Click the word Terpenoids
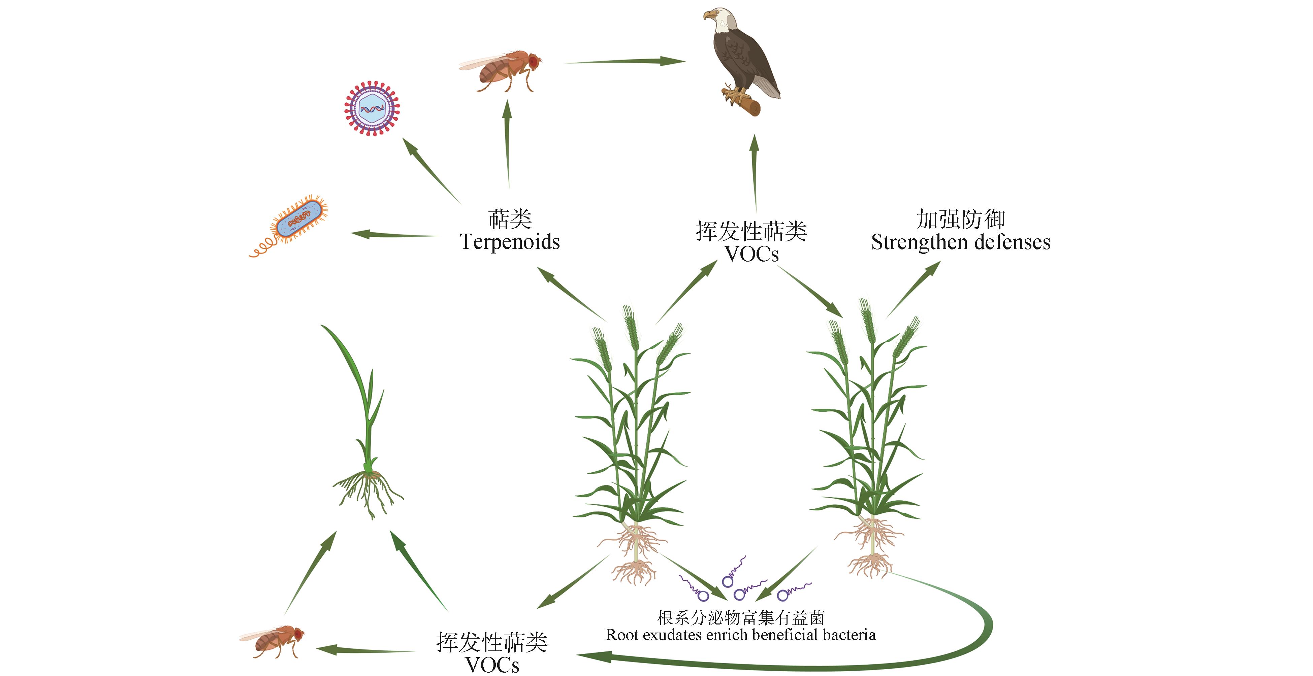pos(510,242)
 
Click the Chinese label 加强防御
pos(961,219)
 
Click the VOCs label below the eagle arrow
pos(752,254)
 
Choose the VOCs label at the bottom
pos(492,665)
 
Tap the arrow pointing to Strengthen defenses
pos(915,288)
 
